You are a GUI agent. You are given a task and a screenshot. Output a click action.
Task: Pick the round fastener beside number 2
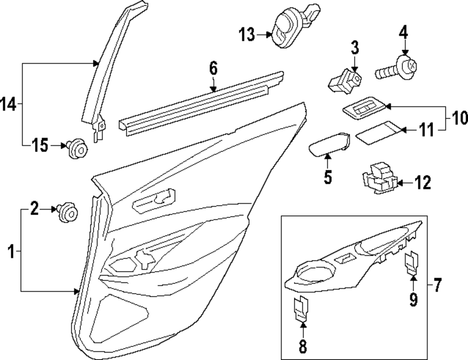point(67,213)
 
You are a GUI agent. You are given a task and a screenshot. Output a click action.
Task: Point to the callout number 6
point(213,69)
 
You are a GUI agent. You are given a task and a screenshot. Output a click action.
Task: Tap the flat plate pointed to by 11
point(377,132)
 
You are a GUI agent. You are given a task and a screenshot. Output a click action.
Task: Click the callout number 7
point(437,285)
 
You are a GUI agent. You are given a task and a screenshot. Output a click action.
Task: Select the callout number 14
point(9,104)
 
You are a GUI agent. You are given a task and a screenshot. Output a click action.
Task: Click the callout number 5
point(327,177)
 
